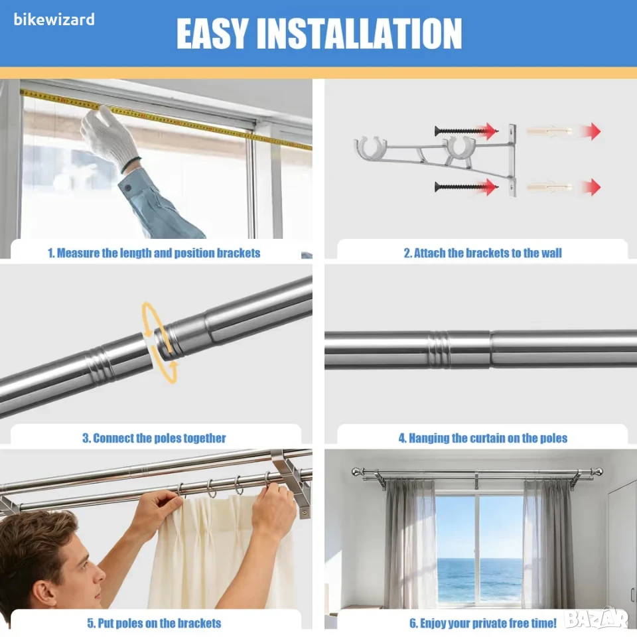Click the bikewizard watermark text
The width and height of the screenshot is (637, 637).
point(54,19)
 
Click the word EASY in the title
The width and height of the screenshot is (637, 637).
point(211,34)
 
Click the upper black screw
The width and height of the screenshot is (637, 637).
point(462,131)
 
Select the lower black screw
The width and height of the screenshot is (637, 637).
point(462,187)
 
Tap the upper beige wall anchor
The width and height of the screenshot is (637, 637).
point(549,131)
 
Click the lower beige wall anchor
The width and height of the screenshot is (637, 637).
point(549,187)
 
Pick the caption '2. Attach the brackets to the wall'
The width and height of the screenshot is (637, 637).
point(482,253)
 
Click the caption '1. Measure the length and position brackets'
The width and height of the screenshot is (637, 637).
point(154,253)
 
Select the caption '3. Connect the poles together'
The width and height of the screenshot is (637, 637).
point(154,438)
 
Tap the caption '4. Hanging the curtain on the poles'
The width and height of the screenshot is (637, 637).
point(482,438)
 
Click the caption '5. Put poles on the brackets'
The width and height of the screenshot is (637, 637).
point(154,623)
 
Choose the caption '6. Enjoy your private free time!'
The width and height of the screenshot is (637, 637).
point(482,623)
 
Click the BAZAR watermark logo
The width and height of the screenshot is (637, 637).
point(597,620)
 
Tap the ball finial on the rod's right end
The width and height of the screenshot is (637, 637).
point(598,472)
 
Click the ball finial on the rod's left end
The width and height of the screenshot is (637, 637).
point(356,472)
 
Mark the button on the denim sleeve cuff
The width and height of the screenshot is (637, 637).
point(128,188)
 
